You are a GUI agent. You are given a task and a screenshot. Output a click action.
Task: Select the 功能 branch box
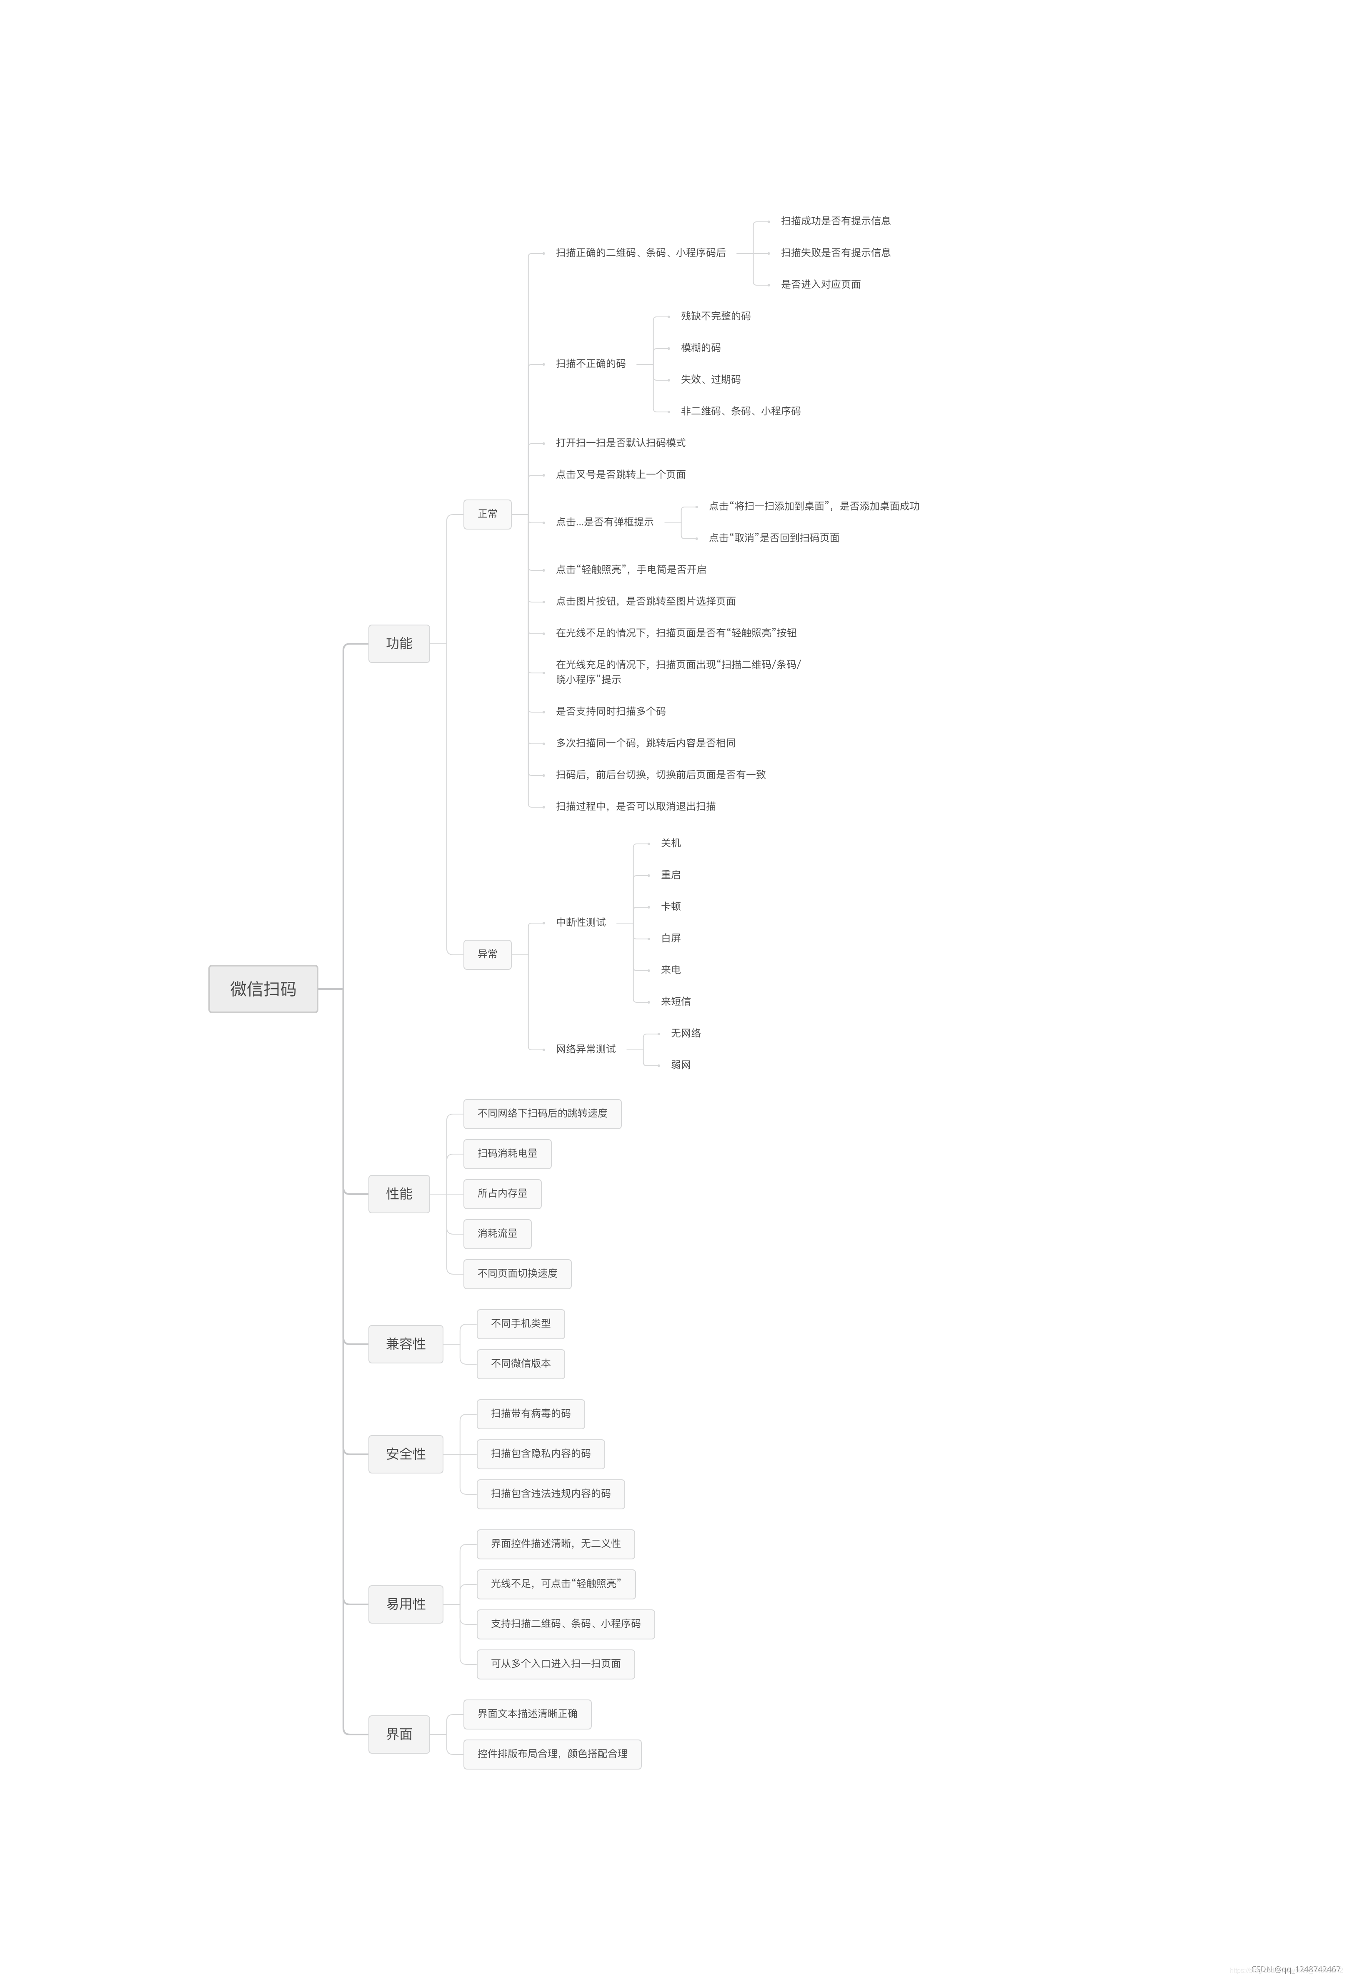tap(399, 643)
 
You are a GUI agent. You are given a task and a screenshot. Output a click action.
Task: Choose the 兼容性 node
tap(406, 1344)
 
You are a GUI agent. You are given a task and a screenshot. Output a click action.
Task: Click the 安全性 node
tap(406, 1454)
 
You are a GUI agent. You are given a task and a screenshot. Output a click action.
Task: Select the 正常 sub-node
tap(488, 514)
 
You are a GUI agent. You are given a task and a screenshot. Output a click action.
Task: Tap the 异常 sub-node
tap(488, 954)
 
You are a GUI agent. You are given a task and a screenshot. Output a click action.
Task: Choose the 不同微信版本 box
tap(521, 1363)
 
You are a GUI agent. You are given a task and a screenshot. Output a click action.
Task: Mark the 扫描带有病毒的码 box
tap(531, 1414)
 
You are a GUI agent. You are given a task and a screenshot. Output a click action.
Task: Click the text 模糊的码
tap(700, 348)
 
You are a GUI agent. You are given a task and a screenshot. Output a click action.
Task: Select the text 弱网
tap(681, 1065)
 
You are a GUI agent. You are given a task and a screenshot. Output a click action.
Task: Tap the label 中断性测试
tap(581, 923)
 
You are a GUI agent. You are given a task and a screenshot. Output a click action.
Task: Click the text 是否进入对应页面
tap(821, 284)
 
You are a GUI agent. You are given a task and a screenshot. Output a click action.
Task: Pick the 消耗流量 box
tap(498, 1233)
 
